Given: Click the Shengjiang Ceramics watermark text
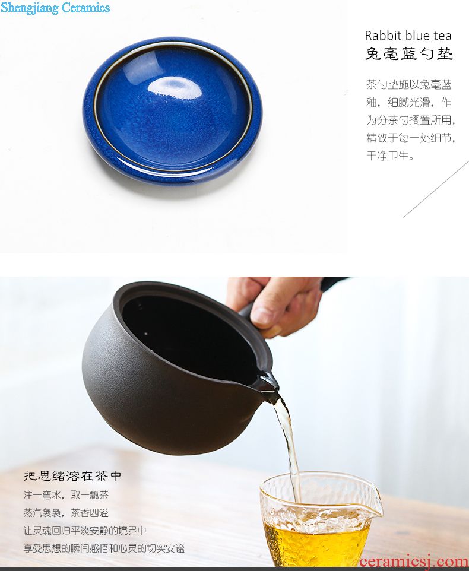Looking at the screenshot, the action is click(x=55, y=8).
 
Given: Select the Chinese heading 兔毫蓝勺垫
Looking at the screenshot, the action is click(x=409, y=54).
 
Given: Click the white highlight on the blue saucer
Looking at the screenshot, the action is click(x=175, y=88).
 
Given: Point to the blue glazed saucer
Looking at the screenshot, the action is click(x=173, y=111).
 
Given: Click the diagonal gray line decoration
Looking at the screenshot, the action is click(x=436, y=189).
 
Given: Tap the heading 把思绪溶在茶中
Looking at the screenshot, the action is click(x=72, y=476).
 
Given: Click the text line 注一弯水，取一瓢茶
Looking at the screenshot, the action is click(x=66, y=495).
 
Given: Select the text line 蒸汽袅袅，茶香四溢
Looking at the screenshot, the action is click(x=66, y=513).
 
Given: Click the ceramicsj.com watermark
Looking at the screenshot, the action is click(x=413, y=562).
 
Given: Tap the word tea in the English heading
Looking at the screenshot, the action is click(x=442, y=36).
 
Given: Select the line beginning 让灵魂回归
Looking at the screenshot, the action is click(x=84, y=531).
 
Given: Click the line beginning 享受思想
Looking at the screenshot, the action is click(x=104, y=548).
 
